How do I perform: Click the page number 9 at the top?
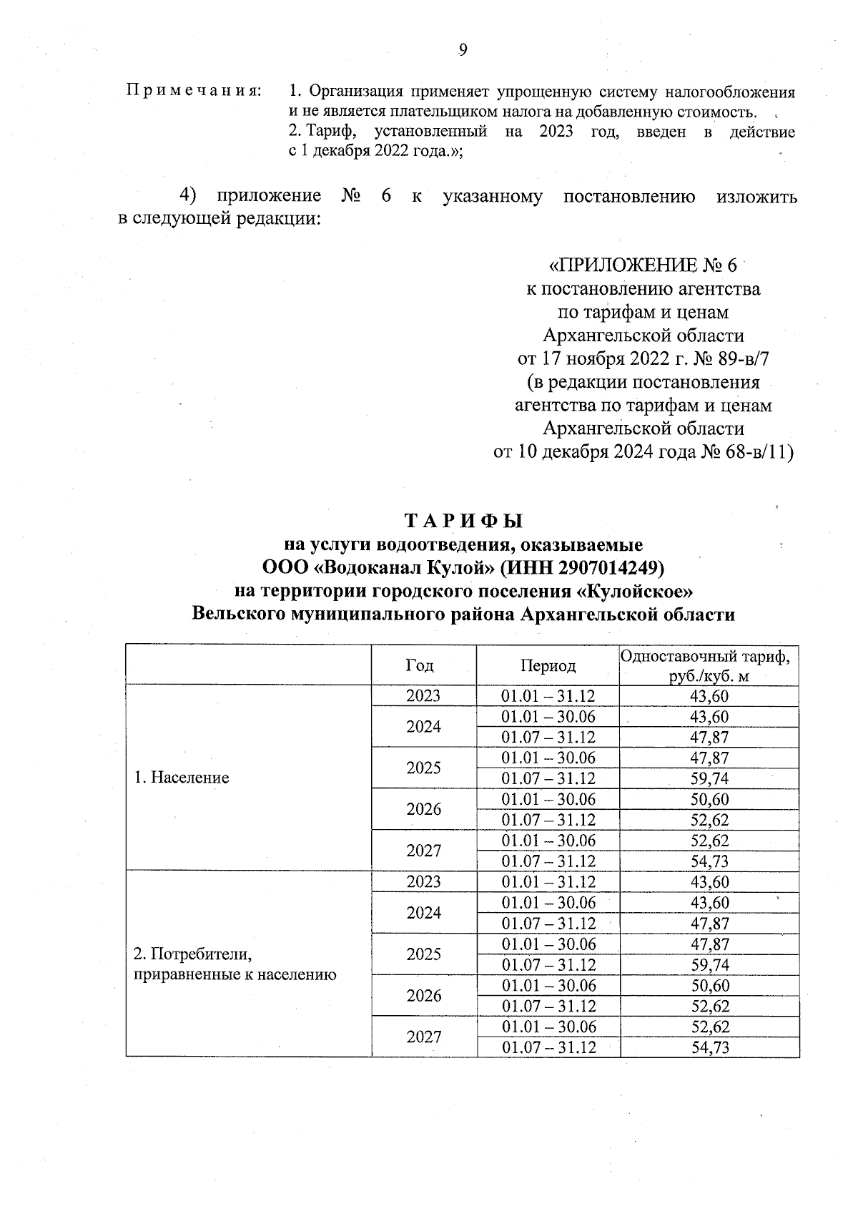pos(462,49)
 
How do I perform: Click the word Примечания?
pos(194,92)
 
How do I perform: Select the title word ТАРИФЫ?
pos(464,520)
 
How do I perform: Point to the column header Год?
pos(420,665)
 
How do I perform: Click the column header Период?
pos(548,666)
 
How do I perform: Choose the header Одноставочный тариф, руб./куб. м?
pos(709,666)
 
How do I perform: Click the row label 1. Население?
pos(182,778)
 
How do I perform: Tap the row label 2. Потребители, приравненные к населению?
pos(235,964)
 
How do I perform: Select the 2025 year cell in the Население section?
pos(423,768)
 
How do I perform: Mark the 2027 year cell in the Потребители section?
pos(423,1037)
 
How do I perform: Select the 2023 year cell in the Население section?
pos(423,696)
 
